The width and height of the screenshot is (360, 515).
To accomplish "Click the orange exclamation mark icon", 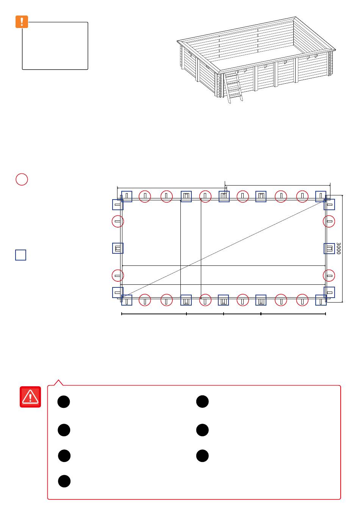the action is (22, 22).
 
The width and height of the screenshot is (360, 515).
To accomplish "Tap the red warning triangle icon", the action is (30, 397).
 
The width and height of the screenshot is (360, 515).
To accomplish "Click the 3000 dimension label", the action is (338, 248).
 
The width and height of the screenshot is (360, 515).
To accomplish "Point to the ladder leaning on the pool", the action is (233, 87).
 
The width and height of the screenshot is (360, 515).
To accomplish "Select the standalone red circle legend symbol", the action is (22, 179).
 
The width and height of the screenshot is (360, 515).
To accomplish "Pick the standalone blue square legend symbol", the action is (21, 255).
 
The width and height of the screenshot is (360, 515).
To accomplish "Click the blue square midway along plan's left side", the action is (118, 248).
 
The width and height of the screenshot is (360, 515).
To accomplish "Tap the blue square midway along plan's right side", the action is (329, 248).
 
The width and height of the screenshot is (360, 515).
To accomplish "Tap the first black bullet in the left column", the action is (64, 402).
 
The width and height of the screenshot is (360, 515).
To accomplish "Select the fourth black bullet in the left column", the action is (64, 481).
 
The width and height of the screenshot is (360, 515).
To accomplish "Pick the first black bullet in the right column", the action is (202, 401).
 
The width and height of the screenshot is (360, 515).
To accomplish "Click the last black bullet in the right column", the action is (202, 456).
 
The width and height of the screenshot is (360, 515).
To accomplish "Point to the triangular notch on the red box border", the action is (58, 382).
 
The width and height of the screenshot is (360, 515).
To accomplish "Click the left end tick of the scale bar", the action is (122, 314).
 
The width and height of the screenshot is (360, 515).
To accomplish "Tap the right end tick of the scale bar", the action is (326, 314).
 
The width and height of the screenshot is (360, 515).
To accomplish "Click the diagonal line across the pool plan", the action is (223, 249).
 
